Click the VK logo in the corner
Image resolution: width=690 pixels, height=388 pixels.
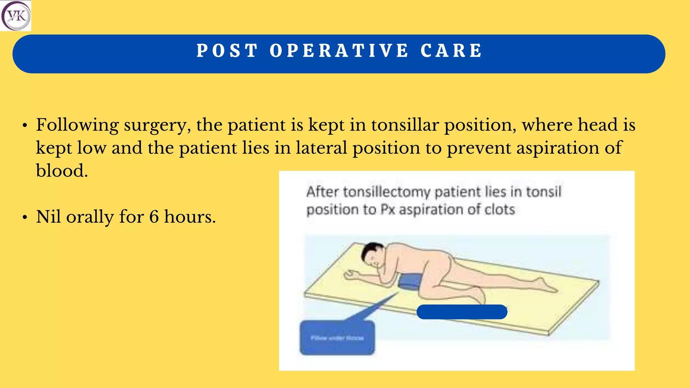point(15,15)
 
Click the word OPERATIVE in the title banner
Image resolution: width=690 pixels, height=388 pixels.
point(339,51)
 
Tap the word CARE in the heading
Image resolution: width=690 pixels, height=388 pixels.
point(451,51)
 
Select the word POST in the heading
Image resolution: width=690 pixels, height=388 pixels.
point(227,51)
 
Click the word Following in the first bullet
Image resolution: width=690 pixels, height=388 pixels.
point(77,125)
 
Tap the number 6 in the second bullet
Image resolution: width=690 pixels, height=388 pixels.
point(154,217)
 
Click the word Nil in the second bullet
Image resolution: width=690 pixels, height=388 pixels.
point(49,217)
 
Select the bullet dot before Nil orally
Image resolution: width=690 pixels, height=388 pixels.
point(25,218)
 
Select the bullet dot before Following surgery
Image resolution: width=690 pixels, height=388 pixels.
point(25,126)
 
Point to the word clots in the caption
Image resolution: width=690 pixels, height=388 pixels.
point(500,210)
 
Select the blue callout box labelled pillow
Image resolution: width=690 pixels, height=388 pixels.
point(337,337)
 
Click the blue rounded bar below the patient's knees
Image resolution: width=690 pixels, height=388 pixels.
point(462,312)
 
